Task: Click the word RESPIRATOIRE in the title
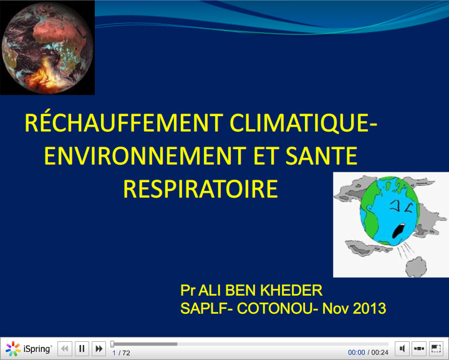click(x=200, y=188)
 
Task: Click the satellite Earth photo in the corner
click(x=47, y=47)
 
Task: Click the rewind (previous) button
click(x=65, y=349)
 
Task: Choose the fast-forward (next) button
click(x=99, y=349)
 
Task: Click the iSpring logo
click(x=29, y=349)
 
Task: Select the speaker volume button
click(x=402, y=349)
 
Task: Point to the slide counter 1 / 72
click(x=121, y=353)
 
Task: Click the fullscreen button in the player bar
click(x=436, y=349)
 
